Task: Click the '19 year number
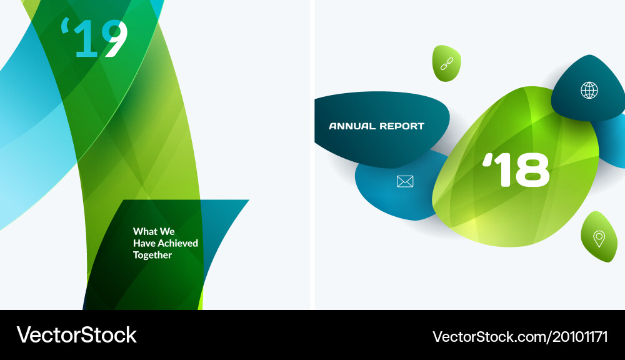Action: click(95, 39)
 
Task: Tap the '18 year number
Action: click(516, 170)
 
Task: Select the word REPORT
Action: click(402, 126)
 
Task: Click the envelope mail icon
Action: click(405, 181)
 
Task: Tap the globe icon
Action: click(589, 91)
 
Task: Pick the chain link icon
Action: click(447, 63)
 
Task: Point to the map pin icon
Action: click(599, 238)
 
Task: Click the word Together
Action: click(152, 255)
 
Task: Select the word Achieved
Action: click(177, 243)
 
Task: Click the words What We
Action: click(154, 231)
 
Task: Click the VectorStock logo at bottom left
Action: click(76, 335)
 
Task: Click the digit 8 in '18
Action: click(533, 170)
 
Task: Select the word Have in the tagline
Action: click(144, 243)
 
